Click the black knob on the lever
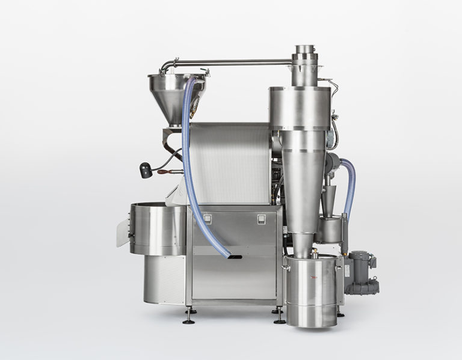click(145, 170)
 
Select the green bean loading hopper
click(174, 96)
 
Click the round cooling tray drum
click(158, 228)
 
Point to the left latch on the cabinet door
click(207, 219)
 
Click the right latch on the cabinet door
click(261, 219)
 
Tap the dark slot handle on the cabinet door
click(235, 257)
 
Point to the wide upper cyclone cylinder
click(300, 108)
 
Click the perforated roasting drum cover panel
click(229, 162)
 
